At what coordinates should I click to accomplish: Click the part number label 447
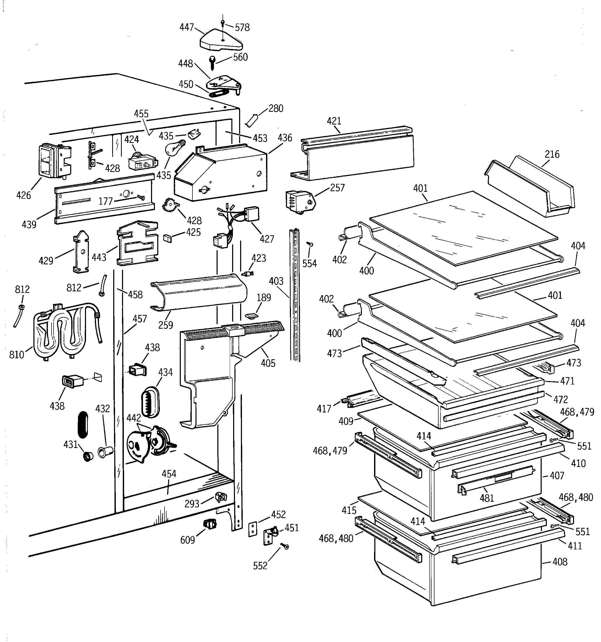tap(187, 27)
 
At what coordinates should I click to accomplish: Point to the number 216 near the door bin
tap(552, 154)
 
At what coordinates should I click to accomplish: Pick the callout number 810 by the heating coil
tap(17, 355)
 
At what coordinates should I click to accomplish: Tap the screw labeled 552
tap(285, 546)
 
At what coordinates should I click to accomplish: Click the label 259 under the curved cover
tap(166, 325)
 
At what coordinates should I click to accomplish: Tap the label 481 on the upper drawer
tap(487, 498)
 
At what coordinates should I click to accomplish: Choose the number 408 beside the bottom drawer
tap(560, 562)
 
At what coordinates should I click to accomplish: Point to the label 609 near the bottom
tap(188, 540)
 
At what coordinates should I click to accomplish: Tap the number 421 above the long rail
tap(334, 121)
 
